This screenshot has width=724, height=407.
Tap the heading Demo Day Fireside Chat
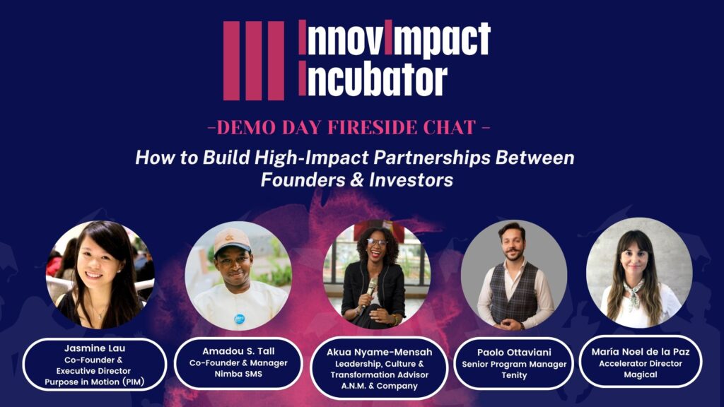click(349, 127)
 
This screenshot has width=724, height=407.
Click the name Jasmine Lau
click(95, 348)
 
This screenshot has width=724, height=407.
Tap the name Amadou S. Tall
click(238, 351)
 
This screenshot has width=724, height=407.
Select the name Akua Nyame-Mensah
click(379, 352)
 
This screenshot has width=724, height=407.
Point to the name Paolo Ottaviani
click(514, 353)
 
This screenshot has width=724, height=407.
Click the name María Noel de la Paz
click(641, 352)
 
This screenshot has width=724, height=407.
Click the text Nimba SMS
click(238, 374)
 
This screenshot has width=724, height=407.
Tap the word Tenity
click(514, 375)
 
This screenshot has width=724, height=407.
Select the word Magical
click(641, 374)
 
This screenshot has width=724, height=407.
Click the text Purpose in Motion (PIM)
click(95, 382)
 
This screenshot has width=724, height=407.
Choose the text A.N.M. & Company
click(379, 386)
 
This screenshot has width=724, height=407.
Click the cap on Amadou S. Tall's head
click(232, 241)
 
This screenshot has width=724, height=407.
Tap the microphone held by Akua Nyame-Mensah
click(370, 290)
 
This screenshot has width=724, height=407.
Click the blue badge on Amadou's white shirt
click(239, 319)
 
